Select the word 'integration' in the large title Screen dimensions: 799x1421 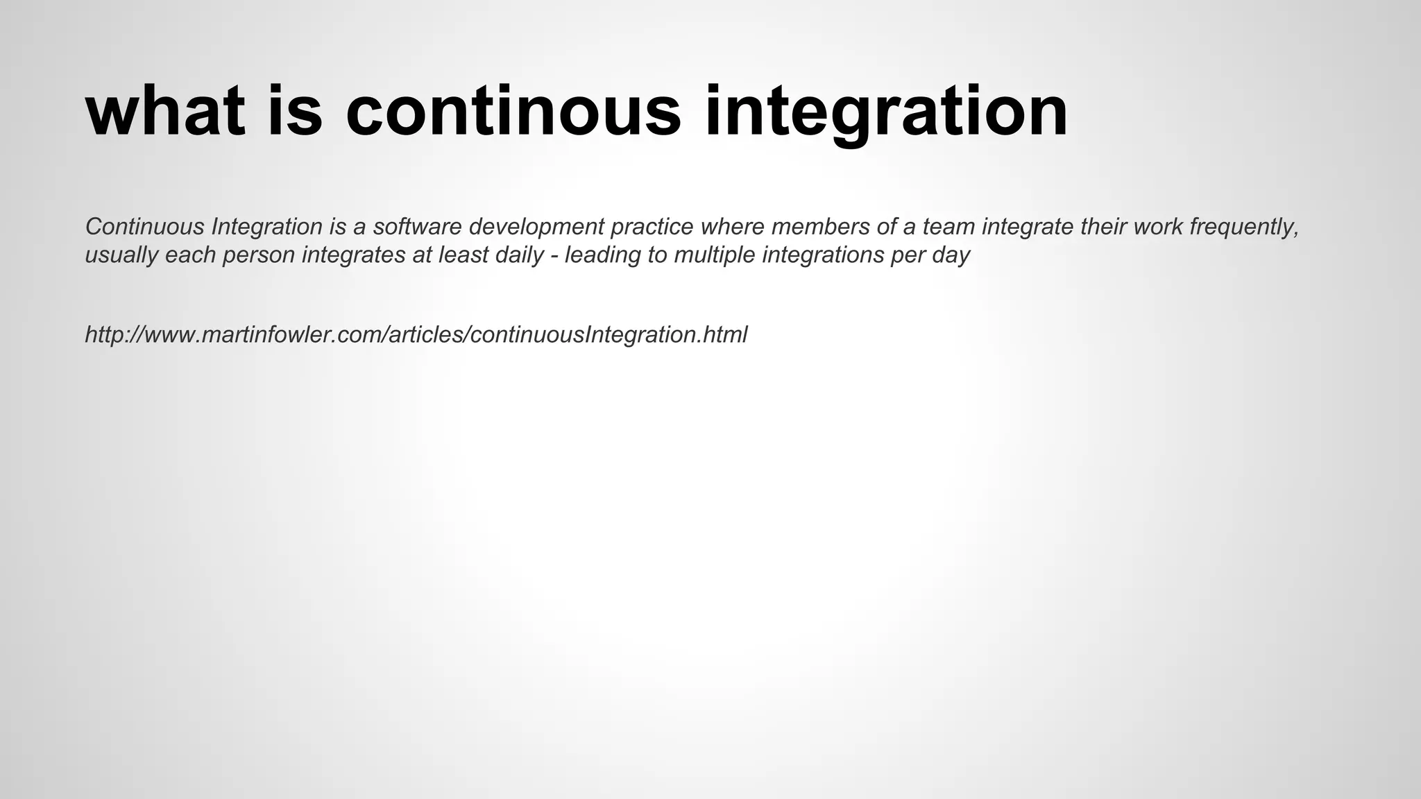click(886, 114)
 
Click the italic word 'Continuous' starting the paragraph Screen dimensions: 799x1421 click(144, 226)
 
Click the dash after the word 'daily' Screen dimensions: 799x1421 click(554, 255)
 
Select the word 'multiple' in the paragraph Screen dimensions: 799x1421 click(714, 256)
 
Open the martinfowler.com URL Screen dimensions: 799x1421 click(416, 335)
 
